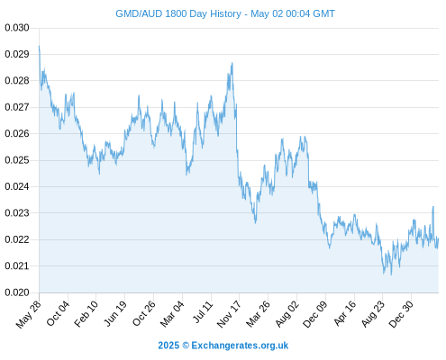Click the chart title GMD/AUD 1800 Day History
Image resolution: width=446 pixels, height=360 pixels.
point(178,13)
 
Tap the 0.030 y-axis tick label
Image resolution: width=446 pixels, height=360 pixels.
point(17,28)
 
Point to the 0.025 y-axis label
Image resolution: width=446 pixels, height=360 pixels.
point(17,160)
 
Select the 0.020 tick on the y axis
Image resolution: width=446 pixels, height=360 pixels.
point(17,292)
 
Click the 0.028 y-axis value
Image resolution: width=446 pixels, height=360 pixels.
point(17,81)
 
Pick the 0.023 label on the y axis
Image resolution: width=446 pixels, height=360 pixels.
point(17,213)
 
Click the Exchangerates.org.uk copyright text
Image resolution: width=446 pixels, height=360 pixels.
point(240,346)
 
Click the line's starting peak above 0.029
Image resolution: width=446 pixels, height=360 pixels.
point(39,46)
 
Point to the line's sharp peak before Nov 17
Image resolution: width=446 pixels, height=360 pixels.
point(232,63)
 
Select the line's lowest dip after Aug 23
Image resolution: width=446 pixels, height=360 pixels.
point(391,274)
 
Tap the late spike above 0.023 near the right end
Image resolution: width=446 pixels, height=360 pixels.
point(433,206)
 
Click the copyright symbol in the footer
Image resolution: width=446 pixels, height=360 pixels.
point(186,346)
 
